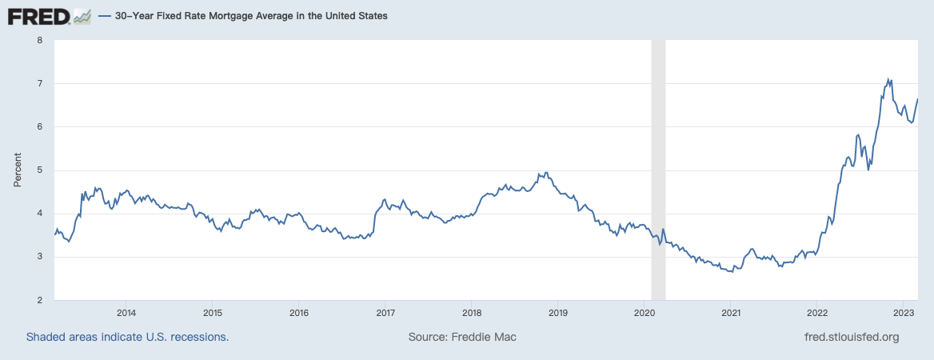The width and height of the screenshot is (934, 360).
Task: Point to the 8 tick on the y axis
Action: pos(39,40)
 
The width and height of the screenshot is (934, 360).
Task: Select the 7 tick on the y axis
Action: pos(39,83)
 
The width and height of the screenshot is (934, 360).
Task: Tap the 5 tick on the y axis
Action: pos(39,170)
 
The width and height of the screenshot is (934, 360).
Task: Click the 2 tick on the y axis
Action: pos(39,300)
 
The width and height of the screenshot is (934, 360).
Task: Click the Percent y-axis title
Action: pos(18,170)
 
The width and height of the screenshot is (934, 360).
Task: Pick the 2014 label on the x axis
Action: pos(125,313)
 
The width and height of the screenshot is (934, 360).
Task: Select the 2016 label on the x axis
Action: pos(298,313)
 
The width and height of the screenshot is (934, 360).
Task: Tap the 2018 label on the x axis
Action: pos(471,313)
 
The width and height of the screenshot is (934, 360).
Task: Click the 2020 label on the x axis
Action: pos(645,313)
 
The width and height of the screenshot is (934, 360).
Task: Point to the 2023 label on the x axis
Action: pos(904,313)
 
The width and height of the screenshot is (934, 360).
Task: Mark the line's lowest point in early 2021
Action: pos(731,272)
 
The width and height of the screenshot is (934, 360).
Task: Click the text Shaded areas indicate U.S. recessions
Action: pos(128,337)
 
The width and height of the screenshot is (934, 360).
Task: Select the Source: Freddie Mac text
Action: pos(462,337)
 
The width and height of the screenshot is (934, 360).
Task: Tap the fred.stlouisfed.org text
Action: pos(851,337)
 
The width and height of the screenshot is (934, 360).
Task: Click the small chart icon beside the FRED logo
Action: pos(82,16)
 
